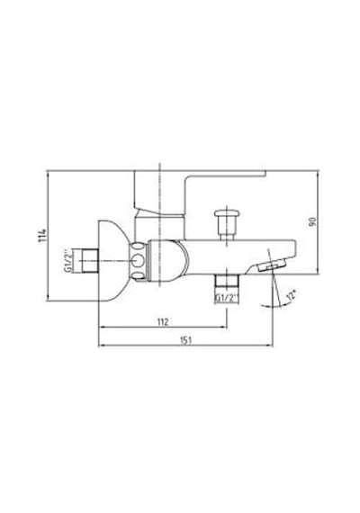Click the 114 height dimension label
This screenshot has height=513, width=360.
pyautogui.click(x=43, y=235)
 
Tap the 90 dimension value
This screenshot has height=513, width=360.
pyautogui.click(x=313, y=221)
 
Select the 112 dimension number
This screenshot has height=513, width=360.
pyautogui.click(x=163, y=322)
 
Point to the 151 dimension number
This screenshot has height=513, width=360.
pyautogui.click(x=185, y=340)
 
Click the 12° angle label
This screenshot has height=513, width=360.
pyautogui.click(x=291, y=295)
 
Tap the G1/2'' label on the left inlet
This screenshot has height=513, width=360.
pyautogui.click(x=68, y=261)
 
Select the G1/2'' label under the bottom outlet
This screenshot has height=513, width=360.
pyautogui.click(x=228, y=299)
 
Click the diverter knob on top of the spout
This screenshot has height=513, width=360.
pyautogui.click(x=227, y=225)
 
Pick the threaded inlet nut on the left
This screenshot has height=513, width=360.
pyautogui.click(x=90, y=260)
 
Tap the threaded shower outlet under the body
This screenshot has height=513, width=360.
pyautogui.click(x=228, y=281)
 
